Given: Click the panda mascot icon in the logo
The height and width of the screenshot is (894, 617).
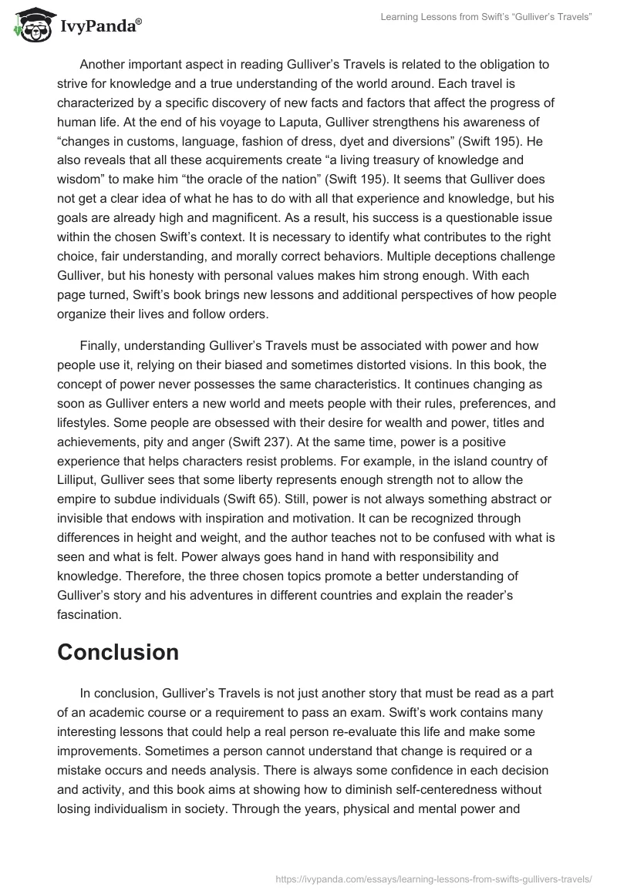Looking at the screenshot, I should pos(29,26).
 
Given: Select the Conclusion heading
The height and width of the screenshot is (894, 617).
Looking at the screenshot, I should pos(118,652).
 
